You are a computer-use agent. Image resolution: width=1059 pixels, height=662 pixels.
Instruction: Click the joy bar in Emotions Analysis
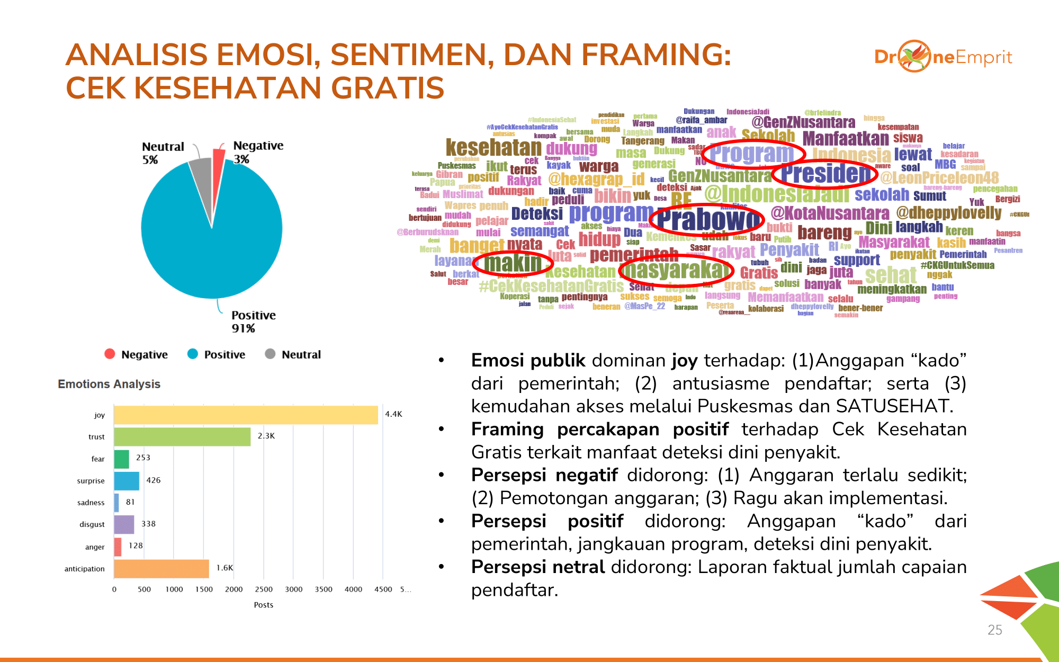point(246,415)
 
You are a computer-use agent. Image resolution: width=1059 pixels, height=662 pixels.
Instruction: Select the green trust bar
point(182,437)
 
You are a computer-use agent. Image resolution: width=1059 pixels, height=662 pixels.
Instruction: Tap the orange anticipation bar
point(161,569)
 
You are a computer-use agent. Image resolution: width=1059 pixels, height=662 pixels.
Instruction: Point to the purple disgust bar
point(124,524)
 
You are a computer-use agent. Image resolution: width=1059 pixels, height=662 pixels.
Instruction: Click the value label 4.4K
point(393,414)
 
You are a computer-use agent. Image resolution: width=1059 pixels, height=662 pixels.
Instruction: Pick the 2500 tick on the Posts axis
point(264,589)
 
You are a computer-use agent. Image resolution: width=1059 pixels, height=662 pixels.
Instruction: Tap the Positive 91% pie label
point(253,321)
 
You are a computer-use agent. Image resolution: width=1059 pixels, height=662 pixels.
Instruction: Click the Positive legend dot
point(193,354)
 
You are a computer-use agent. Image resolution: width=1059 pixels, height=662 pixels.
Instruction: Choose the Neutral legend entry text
point(301,355)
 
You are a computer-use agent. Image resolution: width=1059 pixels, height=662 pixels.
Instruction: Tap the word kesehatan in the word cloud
point(493,147)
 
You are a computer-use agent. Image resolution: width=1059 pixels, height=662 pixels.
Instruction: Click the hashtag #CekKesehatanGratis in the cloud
point(551,287)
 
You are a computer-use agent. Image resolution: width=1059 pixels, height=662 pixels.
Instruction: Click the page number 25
point(994,630)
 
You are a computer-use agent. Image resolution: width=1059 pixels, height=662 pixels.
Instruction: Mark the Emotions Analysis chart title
point(109,384)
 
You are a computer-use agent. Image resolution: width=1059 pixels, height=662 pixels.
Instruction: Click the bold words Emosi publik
point(528,360)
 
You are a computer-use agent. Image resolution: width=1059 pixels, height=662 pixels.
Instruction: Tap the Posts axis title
point(264,605)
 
